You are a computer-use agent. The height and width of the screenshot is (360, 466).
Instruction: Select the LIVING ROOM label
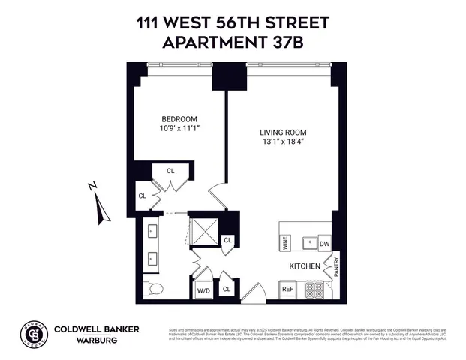click(x=283, y=133)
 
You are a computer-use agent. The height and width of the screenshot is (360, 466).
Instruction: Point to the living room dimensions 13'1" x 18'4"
click(x=283, y=143)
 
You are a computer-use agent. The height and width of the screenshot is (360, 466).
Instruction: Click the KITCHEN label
click(x=305, y=266)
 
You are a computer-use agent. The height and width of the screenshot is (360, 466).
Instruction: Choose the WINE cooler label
click(x=285, y=242)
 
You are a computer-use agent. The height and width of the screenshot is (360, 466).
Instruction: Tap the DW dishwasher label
click(x=324, y=243)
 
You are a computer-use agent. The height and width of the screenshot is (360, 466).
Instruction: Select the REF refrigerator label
click(x=287, y=288)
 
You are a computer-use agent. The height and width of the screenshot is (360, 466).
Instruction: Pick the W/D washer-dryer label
click(x=203, y=289)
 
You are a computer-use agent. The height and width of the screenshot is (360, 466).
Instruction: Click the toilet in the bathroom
click(x=153, y=287)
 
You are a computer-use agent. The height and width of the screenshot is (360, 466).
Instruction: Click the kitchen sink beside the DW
click(x=306, y=242)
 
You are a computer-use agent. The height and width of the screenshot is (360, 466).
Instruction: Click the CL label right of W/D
click(x=227, y=288)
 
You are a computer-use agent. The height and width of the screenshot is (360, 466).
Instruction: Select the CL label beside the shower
click(x=228, y=241)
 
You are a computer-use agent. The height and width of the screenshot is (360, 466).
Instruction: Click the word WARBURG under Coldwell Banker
click(x=79, y=337)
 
